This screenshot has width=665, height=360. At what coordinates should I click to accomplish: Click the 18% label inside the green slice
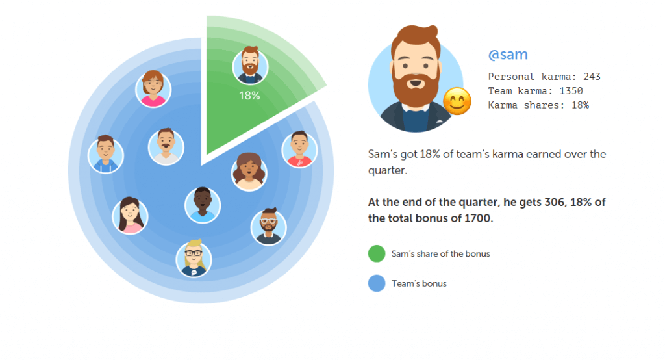(x=249, y=96)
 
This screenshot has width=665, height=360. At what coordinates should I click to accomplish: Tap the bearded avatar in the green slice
(x=250, y=66)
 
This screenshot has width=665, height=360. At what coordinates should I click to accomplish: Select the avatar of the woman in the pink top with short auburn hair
(x=153, y=89)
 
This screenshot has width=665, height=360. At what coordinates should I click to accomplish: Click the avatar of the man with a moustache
(x=166, y=147)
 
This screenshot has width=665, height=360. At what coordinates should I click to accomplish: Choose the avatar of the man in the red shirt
(x=299, y=149)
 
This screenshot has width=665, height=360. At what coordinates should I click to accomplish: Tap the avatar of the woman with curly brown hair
(x=249, y=172)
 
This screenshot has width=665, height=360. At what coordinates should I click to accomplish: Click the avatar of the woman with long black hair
(x=130, y=216)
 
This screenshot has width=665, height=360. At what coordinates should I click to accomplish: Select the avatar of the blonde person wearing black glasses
(x=194, y=259)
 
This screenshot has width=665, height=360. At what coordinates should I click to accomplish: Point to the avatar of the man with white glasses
(x=268, y=227)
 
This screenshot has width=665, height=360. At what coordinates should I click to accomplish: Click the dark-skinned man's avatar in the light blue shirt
(x=203, y=205)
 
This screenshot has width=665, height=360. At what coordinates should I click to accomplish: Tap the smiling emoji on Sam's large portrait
(x=457, y=101)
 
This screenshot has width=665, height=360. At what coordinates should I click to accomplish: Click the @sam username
(x=508, y=55)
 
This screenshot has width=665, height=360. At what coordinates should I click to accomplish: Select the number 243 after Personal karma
(x=592, y=77)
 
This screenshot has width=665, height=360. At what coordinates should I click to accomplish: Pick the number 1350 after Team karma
(x=571, y=91)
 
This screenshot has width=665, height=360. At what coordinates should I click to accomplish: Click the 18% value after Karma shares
(x=580, y=105)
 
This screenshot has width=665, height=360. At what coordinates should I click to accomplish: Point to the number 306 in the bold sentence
(x=555, y=202)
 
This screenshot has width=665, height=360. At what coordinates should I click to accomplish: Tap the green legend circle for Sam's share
(x=377, y=253)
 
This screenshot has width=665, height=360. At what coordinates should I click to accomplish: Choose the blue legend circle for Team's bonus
(x=377, y=283)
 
